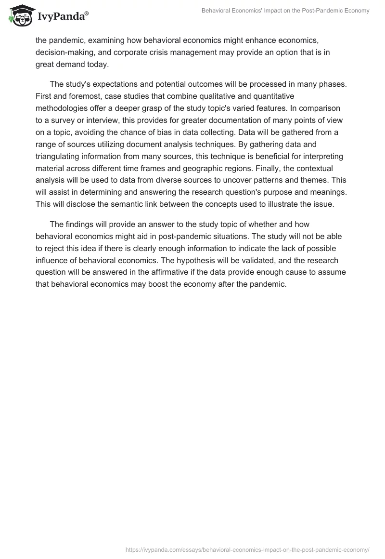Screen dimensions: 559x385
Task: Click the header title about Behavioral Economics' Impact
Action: [x=285, y=11]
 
